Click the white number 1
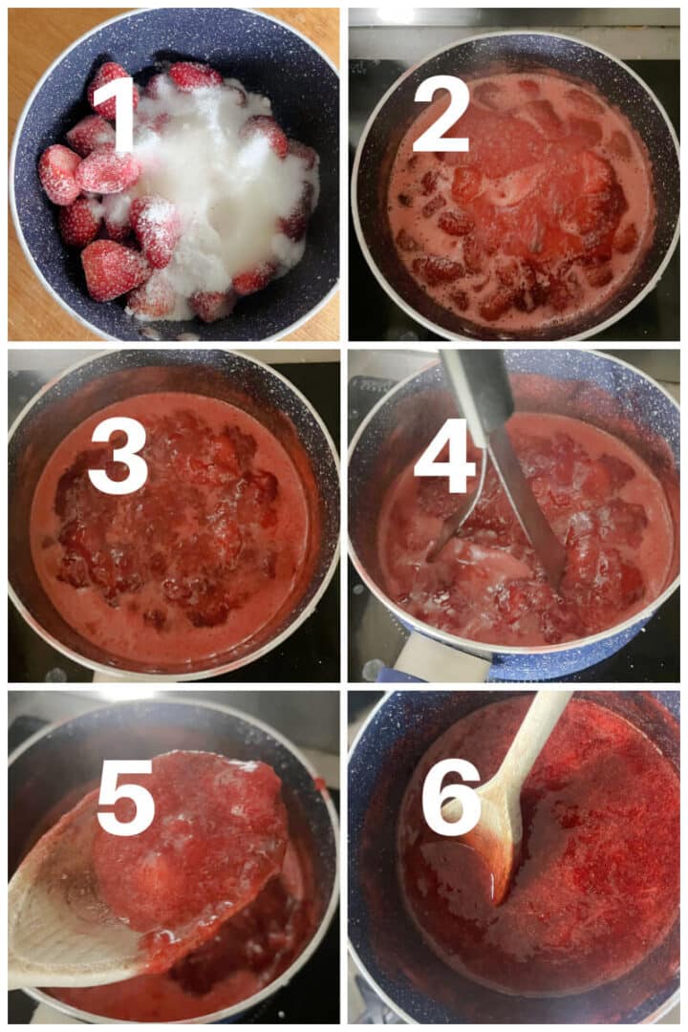point(121,113)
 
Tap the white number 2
point(441,113)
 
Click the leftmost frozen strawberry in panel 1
point(58,174)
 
